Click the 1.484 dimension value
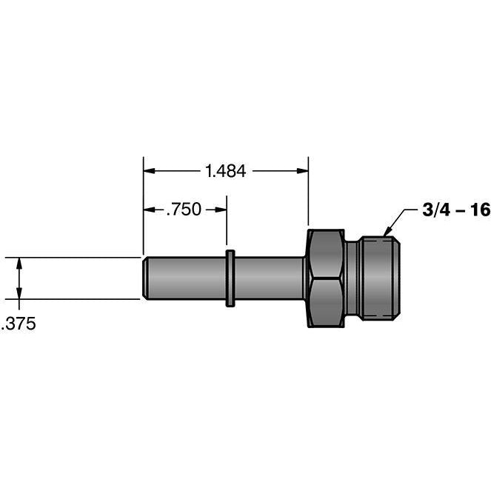(226, 171)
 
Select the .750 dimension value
(182, 210)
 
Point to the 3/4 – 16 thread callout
(456, 210)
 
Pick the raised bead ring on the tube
(230, 278)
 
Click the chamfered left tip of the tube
(146, 278)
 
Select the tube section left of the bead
(185, 278)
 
